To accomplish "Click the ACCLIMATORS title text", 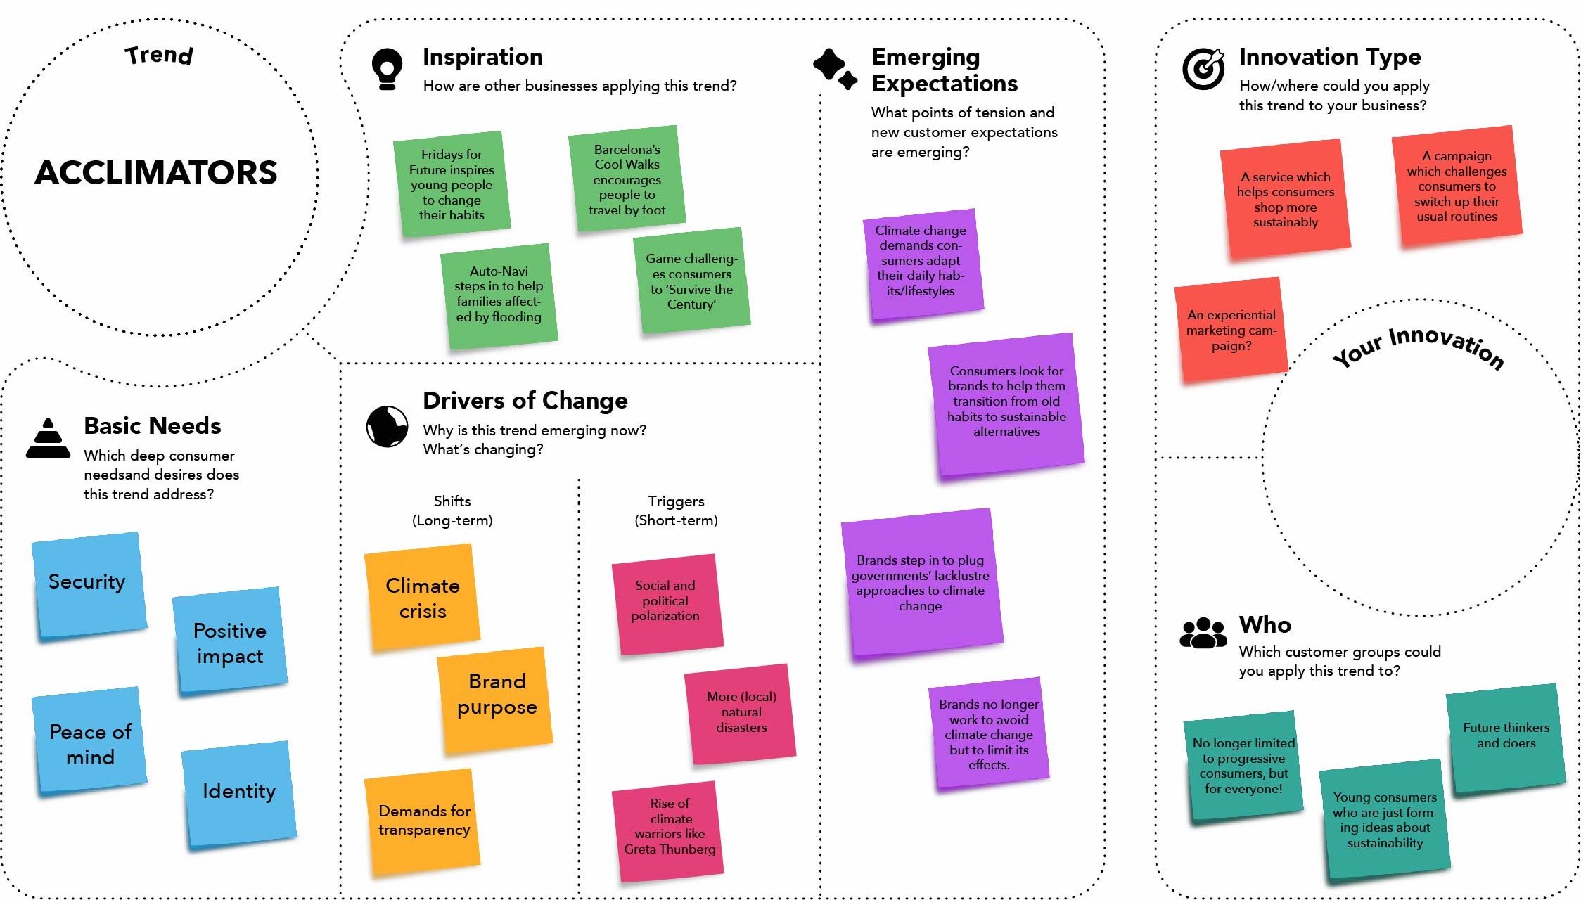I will (x=156, y=173).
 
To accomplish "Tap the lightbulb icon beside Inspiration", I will (x=387, y=69).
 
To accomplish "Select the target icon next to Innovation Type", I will (x=1203, y=69).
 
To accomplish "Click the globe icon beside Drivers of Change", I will (x=387, y=426).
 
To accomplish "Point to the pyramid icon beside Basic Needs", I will (x=48, y=439).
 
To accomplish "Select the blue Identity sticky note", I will (x=239, y=793).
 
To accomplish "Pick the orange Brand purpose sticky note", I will (x=495, y=698).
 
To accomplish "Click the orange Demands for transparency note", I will (x=422, y=821).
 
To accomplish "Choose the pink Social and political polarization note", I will (x=667, y=603).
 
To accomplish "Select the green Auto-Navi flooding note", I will (x=499, y=295).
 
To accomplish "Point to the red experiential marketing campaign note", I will (x=1231, y=330).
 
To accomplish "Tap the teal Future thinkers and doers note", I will (x=1506, y=737).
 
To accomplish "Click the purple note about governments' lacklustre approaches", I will (x=921, y=583).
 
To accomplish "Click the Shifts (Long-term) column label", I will (x=452, y=510).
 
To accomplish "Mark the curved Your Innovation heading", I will (x=1419, y=347).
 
